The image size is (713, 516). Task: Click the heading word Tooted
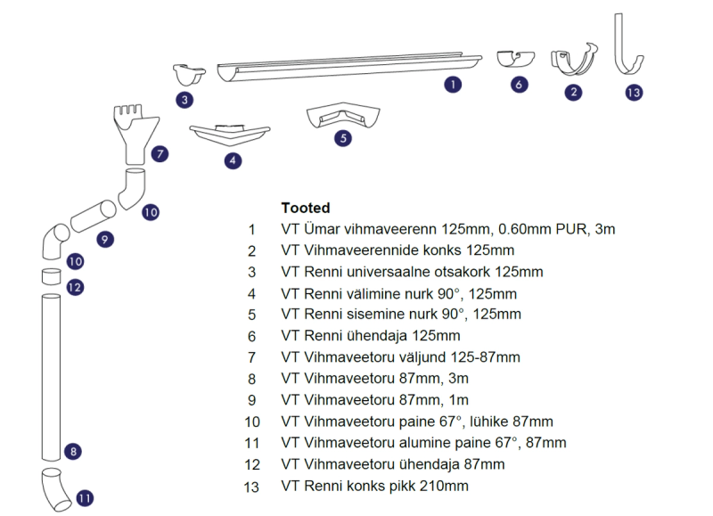pyautogui.click(x=305, y=208)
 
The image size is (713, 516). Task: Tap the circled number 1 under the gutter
pyautogui.click(x=453, y=85)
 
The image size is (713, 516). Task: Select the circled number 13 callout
pyautogui.click(x=634, y=93)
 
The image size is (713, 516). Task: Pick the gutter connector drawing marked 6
pyautogui.click(x=515, y=59)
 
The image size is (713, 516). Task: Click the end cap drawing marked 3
pyautogui.click(x=189, y=75)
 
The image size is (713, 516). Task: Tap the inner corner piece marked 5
pyautogui.click(x=343, y=115)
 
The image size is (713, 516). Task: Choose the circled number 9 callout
pyautogui.click(x=105, y=240)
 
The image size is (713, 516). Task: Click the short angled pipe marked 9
pyautogui.click(x=94, y=216)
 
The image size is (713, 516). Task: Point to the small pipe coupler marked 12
pyautogui.click(x=51, y=276)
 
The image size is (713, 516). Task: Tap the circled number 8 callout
pyautogui.click(x=73, y=452)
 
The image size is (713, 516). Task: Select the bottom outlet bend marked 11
pyautogui.click(x=55, y=489)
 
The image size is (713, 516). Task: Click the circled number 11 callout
pyautogui.click(x=85, y=499)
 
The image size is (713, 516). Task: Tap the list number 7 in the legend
pyautogui.click(x=251, y=357)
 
